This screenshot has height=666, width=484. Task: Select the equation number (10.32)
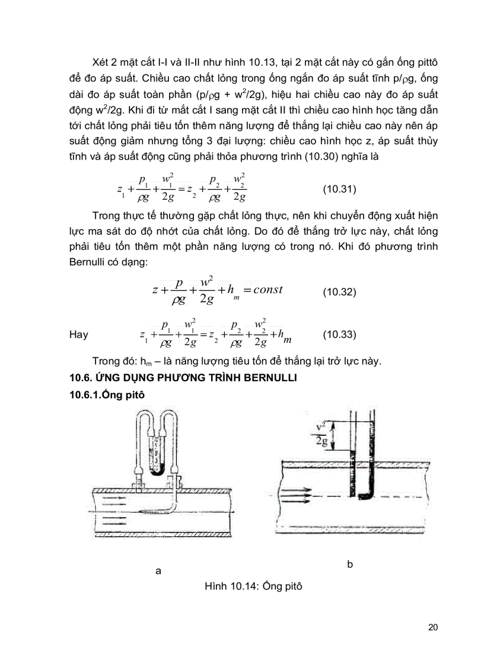339,292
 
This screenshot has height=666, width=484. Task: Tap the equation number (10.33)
339,334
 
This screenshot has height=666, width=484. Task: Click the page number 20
432,628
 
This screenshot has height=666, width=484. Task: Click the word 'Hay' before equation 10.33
79,334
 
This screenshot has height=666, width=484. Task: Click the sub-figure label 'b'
350,564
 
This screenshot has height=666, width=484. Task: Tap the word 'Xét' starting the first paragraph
103,63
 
